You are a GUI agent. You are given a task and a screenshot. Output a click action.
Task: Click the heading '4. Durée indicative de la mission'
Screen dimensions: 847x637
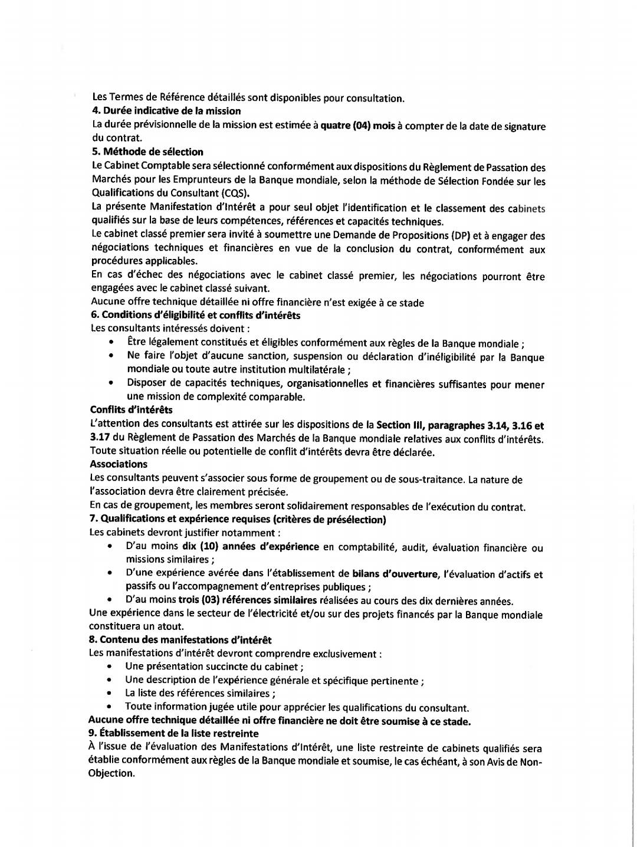(166, 111)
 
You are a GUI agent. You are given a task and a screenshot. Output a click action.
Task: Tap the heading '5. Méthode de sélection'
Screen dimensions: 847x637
(147, 152)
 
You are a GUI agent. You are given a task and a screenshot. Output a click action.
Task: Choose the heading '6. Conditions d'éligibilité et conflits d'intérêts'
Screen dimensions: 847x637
(195, 315)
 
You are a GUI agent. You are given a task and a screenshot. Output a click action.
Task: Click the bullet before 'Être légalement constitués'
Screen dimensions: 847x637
(111, 343)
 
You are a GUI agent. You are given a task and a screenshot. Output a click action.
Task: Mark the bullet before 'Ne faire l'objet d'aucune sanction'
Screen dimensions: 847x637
(111, 357)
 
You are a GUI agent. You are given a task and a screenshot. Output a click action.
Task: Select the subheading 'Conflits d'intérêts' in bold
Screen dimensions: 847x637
(131, 409)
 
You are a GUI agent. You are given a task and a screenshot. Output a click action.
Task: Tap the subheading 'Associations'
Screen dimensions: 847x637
(119, 464)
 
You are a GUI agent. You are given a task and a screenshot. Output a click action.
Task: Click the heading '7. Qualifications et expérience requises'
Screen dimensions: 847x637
(238, 519)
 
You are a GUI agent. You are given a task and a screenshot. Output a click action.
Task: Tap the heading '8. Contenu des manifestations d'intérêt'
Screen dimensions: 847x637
(180, 640)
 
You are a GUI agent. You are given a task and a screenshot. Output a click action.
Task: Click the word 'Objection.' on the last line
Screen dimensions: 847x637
(111, 773)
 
